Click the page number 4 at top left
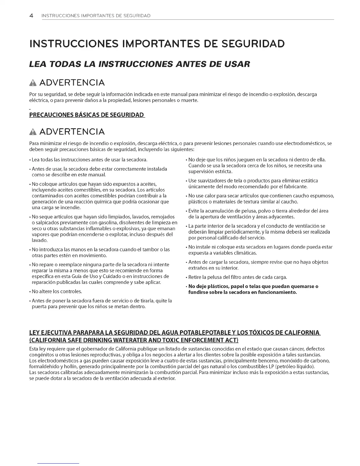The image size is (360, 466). tap(31, 15)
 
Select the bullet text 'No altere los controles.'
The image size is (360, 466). tap(57, 292)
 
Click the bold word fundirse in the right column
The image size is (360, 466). tap(198, 292)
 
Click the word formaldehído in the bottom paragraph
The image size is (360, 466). tap(44, 367)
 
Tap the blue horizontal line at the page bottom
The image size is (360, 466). tap(59, 463)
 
